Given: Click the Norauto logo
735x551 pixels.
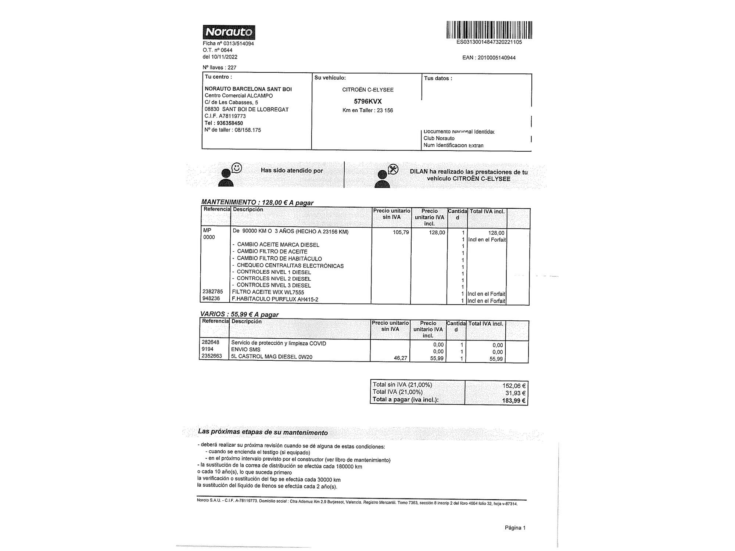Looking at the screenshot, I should tap(229, 32).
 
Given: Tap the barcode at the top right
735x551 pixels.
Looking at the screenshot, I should tap(489, 30).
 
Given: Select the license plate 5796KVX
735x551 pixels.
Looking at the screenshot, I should tap(367, 101).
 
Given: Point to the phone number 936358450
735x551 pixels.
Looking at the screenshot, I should tap(230, 123).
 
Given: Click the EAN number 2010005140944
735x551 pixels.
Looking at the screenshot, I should tap(496, 58).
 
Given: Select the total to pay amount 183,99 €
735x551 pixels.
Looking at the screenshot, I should tap(513, 401).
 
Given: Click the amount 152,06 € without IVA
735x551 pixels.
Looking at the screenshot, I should tap(514, 386).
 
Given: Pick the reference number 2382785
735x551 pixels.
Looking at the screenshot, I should tap(212, 292).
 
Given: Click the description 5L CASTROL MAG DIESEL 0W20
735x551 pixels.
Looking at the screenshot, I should tap(272, 357).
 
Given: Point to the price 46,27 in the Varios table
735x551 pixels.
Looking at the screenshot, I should tap(400, 358).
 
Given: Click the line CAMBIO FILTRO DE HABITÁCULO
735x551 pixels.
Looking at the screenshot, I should tap(279, 259).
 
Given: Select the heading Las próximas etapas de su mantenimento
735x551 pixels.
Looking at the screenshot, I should tap(263, 432).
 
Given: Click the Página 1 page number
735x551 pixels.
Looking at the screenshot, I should tap(515, 528).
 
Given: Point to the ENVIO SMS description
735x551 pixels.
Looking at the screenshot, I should tap(245, 350).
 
